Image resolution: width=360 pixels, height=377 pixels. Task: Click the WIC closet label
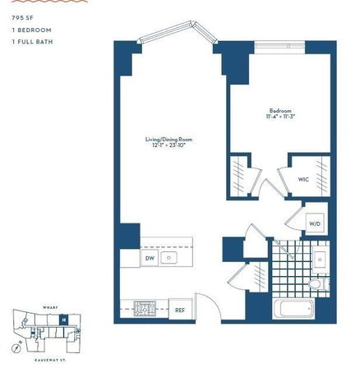tap(302, 177)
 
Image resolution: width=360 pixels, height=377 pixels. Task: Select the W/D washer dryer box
tap(315, 223)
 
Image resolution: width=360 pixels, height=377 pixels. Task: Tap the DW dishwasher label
tap(150, 259)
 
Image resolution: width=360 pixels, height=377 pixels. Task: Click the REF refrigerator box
tap(180, 310)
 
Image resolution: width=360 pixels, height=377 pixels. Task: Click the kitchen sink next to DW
tap(168, 258)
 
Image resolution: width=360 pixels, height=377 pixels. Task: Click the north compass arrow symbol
tap(16, 347)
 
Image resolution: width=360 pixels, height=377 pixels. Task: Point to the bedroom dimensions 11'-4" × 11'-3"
tap(280, 117)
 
